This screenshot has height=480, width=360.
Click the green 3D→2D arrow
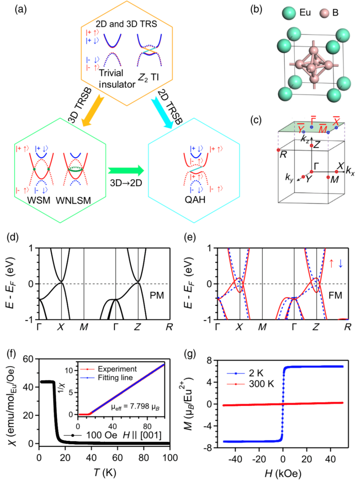126,171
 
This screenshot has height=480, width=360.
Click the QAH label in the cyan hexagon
195,199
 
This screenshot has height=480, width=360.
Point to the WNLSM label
73,200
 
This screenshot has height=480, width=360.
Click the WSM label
39,200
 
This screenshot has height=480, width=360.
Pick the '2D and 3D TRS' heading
126,24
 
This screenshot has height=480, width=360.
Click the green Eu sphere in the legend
289,13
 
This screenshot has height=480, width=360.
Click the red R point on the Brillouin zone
278,150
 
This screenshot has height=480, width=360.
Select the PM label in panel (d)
157,296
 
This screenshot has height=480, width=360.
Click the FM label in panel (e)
335,296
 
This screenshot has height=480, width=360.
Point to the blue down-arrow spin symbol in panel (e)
341,263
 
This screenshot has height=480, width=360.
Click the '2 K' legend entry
256,373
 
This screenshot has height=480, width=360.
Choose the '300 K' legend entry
261,384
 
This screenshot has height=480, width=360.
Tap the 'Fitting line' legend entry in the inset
115,378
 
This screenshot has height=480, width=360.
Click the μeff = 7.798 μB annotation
135,407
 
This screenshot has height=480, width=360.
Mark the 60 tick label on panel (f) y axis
28,359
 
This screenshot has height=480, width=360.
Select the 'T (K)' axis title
104,472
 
